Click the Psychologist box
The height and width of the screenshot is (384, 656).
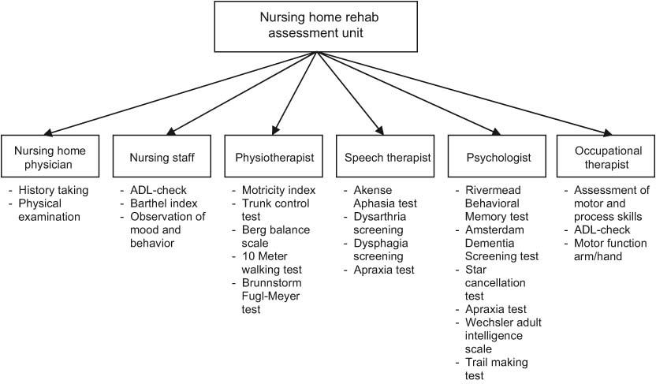494,158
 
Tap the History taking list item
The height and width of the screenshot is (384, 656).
58,191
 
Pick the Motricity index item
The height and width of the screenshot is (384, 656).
278,191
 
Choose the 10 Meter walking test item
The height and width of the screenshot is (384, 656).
278,262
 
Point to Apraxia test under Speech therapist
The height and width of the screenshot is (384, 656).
382,270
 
